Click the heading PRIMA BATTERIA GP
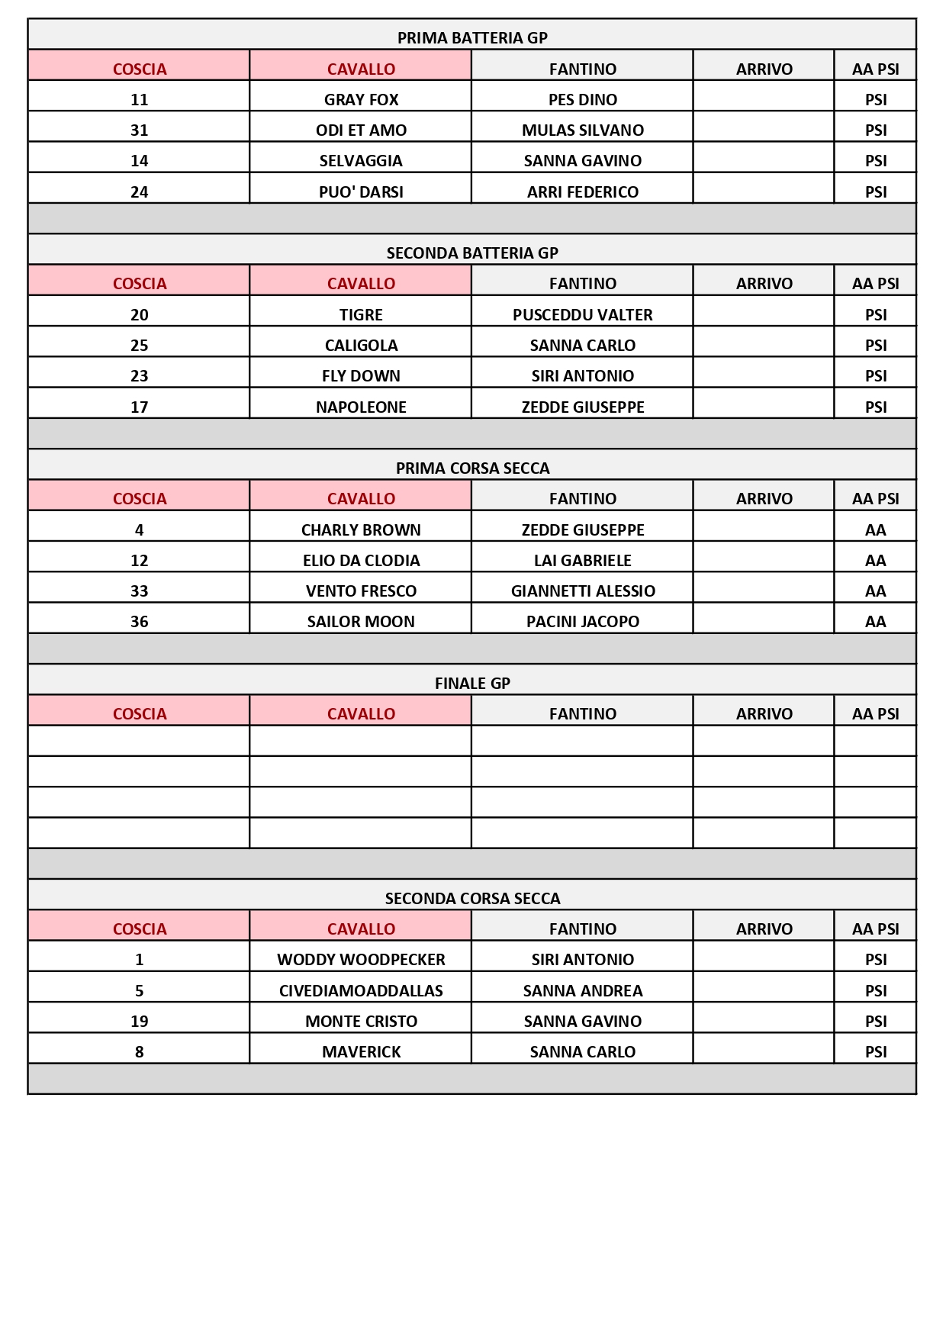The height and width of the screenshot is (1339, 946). click(472, 38)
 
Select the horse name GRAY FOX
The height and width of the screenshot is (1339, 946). click(361, 100)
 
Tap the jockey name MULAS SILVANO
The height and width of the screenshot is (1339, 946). click(582, 130)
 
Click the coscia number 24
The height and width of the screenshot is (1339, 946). click(139, 192)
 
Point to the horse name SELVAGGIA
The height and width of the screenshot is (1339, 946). click(361, 161)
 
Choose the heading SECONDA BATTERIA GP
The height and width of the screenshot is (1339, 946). click(472, 253)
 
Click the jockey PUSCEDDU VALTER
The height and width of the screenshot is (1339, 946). click(582, 315)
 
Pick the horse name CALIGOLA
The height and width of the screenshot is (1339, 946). click(361, 346)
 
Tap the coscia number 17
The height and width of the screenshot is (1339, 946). click(139, 407)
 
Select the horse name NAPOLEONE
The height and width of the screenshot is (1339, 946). click(361, 407)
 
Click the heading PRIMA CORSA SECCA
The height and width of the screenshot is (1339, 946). click(472, 468)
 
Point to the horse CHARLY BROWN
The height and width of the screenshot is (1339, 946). click(361, 530)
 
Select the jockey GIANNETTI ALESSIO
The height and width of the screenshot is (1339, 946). click(582, 591)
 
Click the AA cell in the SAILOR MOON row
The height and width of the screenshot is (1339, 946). click(875, 622)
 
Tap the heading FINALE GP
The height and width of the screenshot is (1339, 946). click(472, 684)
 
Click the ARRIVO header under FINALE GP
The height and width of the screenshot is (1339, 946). click(764, 714)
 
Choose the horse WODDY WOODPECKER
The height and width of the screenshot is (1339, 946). click(361, 960)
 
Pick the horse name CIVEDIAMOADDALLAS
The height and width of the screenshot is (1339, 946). click(361, 991)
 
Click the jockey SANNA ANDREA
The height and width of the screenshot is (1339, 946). click(582, 991)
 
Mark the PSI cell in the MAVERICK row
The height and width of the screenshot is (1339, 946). click(875, 1052)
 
